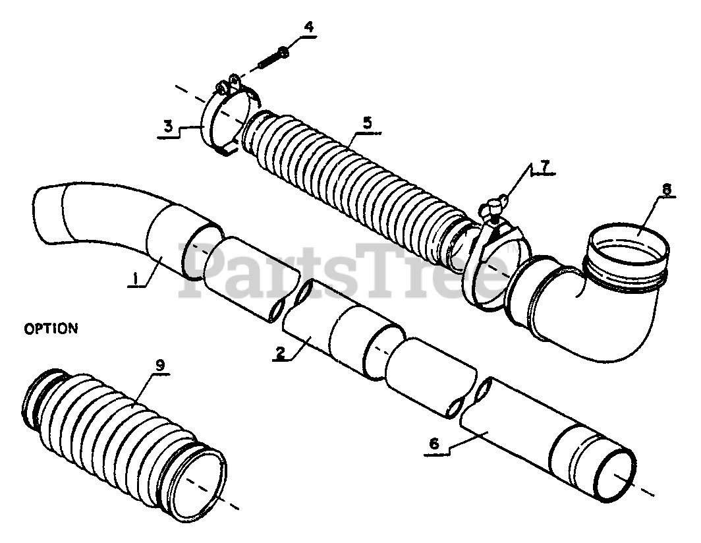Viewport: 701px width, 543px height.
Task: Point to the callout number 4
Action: (308, 28)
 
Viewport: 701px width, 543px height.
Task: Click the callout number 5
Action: (367, 123)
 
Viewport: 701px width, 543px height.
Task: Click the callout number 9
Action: (160, 364)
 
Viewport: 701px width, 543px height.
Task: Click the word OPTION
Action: (50, 328)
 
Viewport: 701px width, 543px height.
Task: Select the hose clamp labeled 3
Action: (217, 119)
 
